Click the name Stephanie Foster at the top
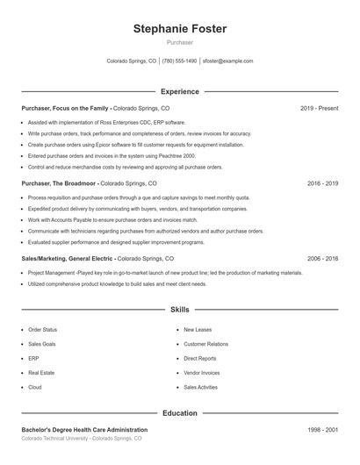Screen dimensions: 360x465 179,28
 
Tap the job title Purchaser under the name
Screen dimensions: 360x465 179,42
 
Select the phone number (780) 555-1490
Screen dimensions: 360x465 179,61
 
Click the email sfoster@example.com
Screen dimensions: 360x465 227,61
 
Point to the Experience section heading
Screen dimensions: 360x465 179,91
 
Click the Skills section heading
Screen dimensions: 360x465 179,311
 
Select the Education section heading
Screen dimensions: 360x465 179,412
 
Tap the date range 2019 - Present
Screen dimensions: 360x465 319,109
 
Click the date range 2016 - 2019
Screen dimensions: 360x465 322,184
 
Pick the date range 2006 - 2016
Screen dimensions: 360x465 322,260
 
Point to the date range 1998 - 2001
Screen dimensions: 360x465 322,430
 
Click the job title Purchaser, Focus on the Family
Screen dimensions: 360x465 66,109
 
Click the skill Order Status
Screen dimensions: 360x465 43,330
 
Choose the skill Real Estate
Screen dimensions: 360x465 41,373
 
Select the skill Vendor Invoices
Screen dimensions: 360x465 202,373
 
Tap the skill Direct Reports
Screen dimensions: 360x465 201,359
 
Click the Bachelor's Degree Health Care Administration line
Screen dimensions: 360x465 84,430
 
